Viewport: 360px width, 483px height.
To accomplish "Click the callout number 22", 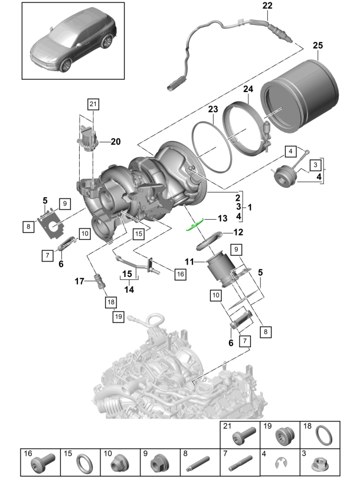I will point(267,5).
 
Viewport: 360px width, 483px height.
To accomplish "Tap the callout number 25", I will point(318,45).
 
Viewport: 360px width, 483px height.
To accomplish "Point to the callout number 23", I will point(212,109).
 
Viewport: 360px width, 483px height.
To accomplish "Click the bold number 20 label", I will point(114,141).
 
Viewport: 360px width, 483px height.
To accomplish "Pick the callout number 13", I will point(222,218).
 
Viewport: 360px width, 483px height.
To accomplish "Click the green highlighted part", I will point(196,225).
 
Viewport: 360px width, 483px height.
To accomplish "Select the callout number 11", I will point(190,261).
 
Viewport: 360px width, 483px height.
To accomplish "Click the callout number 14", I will point(129,289).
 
